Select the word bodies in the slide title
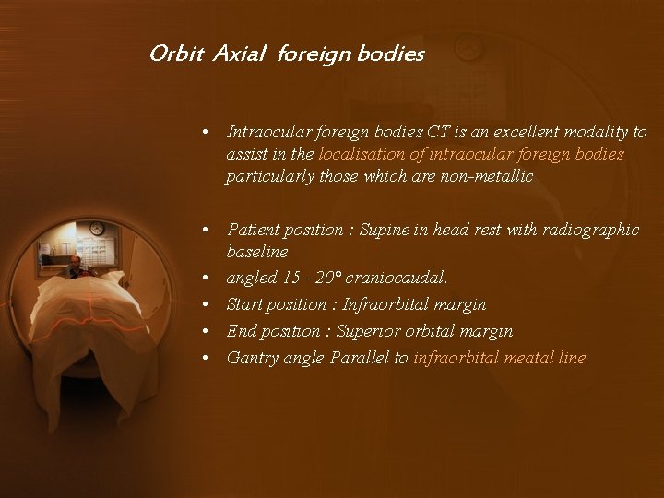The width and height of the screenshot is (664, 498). [392, 54]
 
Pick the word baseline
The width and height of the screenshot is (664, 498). [257, 252]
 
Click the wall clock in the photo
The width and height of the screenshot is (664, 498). [96, 229]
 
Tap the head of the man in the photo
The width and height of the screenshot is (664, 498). [74, 262]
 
